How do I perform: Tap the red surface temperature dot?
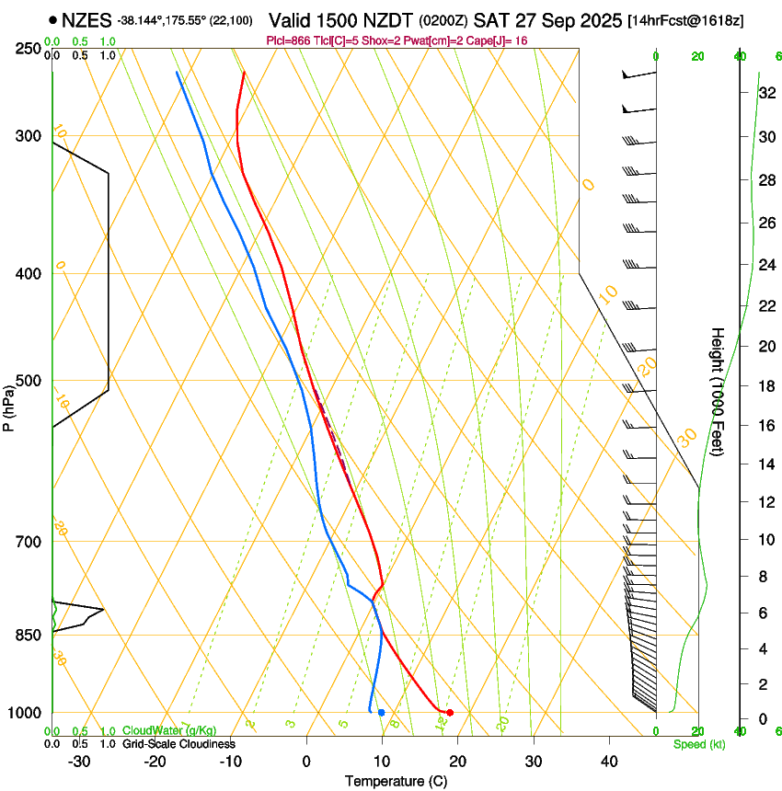point(450,713)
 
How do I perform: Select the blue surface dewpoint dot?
point(381,713)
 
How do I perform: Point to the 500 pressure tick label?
point(29,381)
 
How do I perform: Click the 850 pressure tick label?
point(29,635)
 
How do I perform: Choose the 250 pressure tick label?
point(29,48)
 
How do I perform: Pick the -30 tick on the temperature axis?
point(79,762)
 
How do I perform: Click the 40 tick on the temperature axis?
point(608,762)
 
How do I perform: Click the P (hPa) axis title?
point(9,405)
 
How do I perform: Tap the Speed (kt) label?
point(699,744)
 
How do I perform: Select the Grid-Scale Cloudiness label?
point(178,744)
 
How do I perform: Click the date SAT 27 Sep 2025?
point(546,19)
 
